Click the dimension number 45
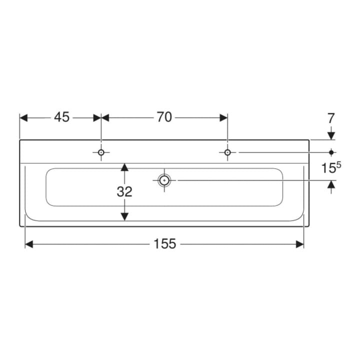[x=61, y=117]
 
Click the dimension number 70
[x=164, y=117]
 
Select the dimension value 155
[x=164, y=244]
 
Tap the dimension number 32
[x=124, y=191]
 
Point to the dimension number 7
[x=331, y=118]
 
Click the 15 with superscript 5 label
[x=331, y=167]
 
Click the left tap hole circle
[x=101, y=152]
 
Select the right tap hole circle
[x=227, y=152]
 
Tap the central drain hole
[x=164, y=180]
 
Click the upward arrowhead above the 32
[x=124, y=167]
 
